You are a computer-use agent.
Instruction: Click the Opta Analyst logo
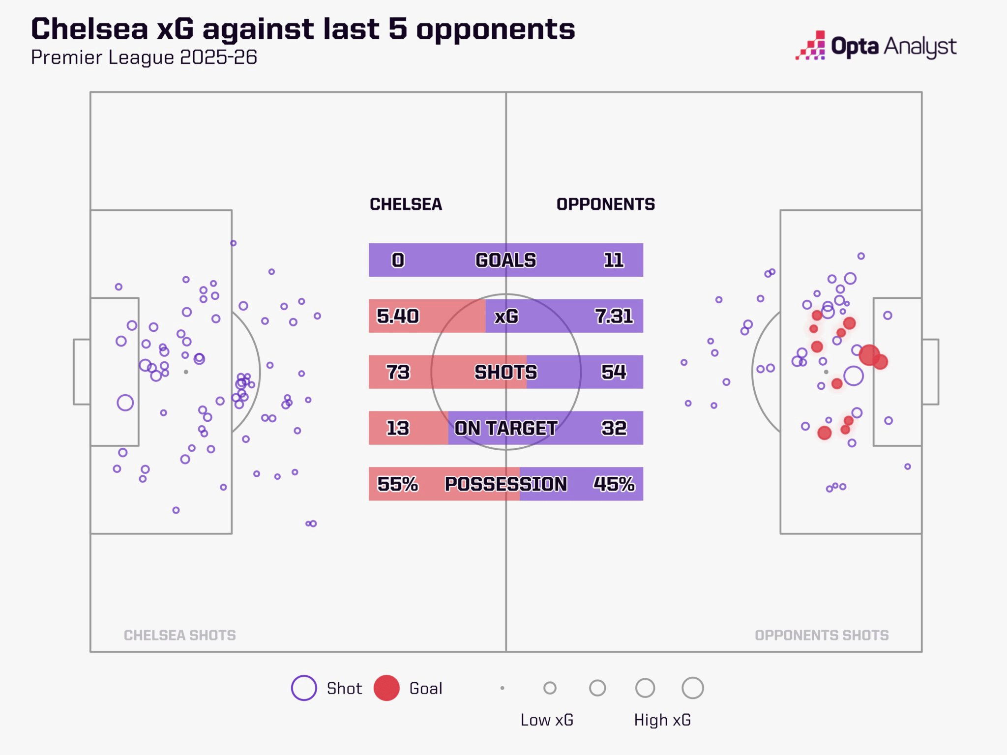876,46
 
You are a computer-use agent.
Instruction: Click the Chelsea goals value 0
398,260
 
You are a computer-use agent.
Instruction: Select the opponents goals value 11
614,260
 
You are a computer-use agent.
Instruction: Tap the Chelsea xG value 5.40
398,316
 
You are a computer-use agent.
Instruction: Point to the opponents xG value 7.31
614,316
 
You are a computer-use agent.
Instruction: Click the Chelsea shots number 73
398,372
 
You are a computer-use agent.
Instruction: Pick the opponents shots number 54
614,372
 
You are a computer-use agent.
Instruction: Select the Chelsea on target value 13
398,428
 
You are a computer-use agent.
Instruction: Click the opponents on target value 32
614,428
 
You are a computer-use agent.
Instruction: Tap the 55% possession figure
398,484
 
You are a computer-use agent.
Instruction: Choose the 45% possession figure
614,484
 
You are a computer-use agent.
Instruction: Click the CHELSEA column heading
406,204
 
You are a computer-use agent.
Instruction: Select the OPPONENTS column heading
605,204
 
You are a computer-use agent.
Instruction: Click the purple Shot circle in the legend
304,688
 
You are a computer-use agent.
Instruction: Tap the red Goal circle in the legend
386,688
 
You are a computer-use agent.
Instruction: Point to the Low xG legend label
547,720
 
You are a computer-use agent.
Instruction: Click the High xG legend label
662,720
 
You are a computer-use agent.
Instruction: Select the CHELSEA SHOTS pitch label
180,635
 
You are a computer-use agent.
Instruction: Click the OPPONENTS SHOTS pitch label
822,635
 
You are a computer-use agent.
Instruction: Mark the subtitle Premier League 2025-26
144,58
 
